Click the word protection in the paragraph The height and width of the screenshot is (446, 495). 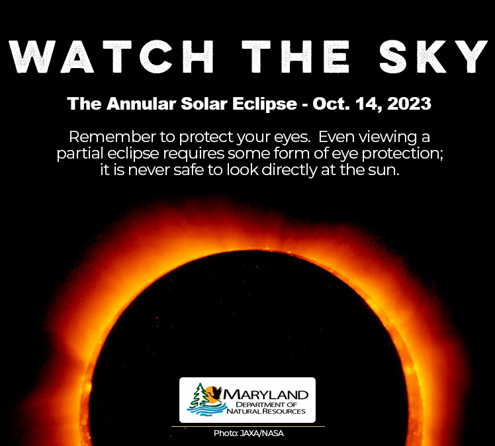pyautogui.click(x=387, y=153)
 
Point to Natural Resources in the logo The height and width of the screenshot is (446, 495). pyautogui.click(x=267, y=412)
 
